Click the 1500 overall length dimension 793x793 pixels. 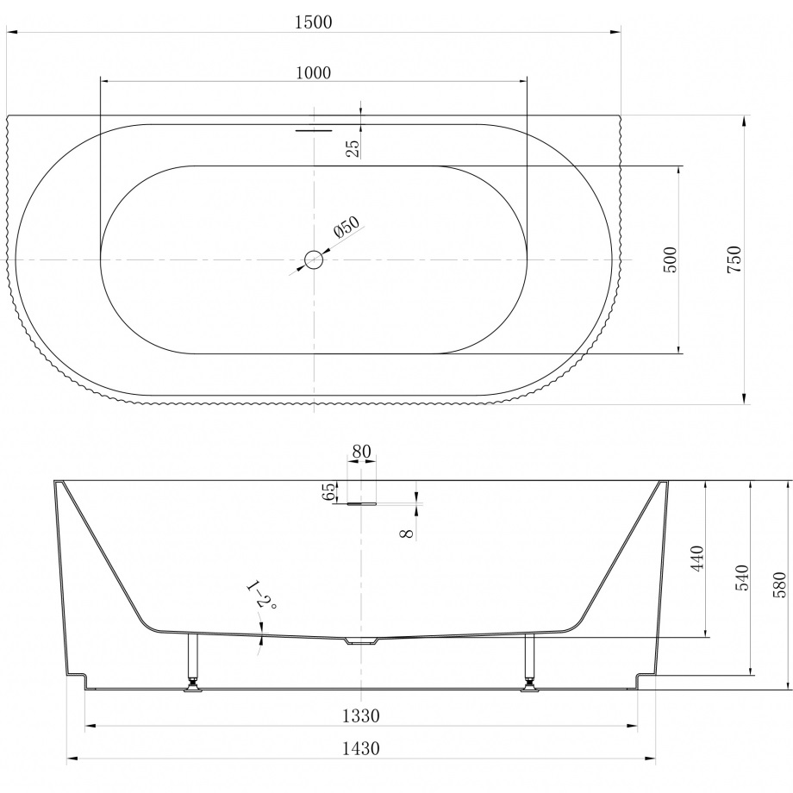pyautogui.click(x=313, y=22)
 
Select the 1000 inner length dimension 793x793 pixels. pyautogui.click(x=313, y=72)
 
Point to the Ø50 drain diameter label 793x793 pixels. pyautogui.click(x=346, y=228)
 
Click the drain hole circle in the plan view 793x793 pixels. pyautogui.click(x=315, y=259)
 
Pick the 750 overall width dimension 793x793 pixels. pyautogui.click(x=734, y=259)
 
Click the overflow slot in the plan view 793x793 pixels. pyautogui.click(x=314, y=131)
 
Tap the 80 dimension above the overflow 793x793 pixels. pyautogui.click(x=361, y=451)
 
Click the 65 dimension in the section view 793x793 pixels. pyautogui.click(x=328, y=492)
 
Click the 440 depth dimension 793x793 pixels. pyautogui.click(x=697, y=559)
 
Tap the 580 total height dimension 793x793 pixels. pyautogui.click(x=780, y=584)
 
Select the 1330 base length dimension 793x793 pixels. pyautogui.click(x=360, y=715)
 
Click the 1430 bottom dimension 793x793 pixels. pyautogui.click(x=360, y=749)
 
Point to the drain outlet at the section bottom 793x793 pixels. pyautogui.click(x=361, y=641)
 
